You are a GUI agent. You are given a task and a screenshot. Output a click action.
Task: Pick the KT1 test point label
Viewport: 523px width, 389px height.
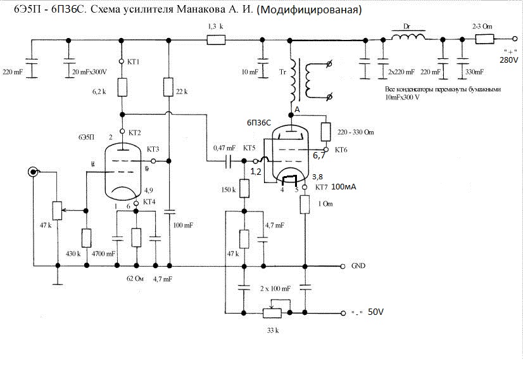[x=134, y=62]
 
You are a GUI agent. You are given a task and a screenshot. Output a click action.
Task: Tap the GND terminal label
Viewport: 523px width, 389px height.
[x=360, y=265]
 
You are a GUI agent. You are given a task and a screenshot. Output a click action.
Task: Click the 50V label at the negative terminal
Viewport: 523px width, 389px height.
[x=376, y=313]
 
